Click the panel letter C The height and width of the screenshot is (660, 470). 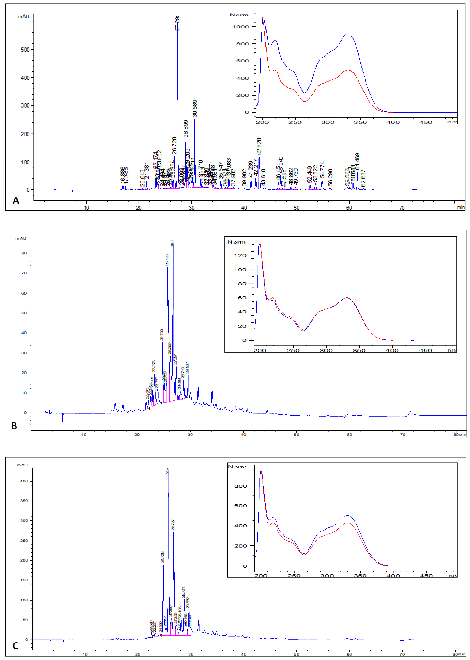15,646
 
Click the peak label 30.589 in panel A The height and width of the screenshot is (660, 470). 195,108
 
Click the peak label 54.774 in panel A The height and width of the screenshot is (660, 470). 322,170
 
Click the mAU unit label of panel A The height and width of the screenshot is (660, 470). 23,17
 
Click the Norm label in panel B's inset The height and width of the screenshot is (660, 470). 236,242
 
